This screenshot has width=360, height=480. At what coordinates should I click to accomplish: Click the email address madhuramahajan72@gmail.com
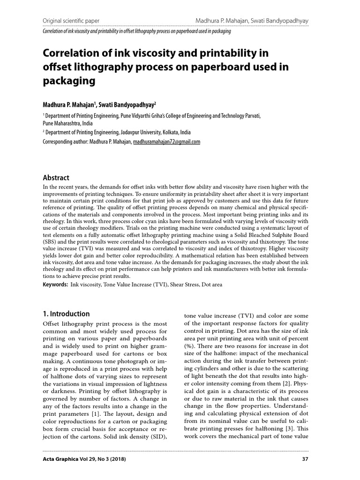click(167, 141)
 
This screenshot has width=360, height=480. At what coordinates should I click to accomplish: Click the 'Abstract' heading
click(56, 178)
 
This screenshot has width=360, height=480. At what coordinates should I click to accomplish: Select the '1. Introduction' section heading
click(66, 314)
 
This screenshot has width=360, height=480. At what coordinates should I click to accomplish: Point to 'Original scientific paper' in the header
click(71, 21)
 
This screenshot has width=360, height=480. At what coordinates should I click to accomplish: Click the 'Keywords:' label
click(55, 284)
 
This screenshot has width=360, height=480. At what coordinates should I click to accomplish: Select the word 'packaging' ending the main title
click(69, 81)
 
